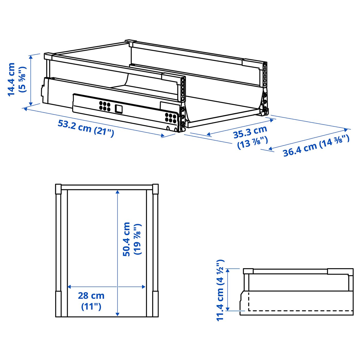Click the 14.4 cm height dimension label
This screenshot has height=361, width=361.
pyautogui.click(x=12, y=79)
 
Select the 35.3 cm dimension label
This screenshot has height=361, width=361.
pyautogui.click(x=250, y=132)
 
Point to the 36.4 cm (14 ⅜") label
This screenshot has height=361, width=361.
pyautogui.click(x=316, y=146)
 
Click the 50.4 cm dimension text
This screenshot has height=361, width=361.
pyautogui.click(x=126, y=239)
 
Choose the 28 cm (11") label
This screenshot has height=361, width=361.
pyautogui.click(x=91, y=301)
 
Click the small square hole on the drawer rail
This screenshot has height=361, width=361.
pyautogui.click(x=119, y=109)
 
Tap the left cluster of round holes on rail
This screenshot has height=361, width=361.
pyautogui.click(x=105, y=106)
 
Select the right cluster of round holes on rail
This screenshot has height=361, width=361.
pyautogui.click(x=171, y=118)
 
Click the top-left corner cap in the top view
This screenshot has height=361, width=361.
pyautogui.click(x=59, y=189)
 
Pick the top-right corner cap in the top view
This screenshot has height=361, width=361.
pyautogui.click(x=155, y=189)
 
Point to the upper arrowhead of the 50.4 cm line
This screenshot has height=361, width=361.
pyautogui.click(x=118, y=192)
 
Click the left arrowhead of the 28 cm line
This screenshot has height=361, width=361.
pyautogui.click(x=69, y=287)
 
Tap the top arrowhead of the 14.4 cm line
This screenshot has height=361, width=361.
pyautogui.click(x=31, y=57)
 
